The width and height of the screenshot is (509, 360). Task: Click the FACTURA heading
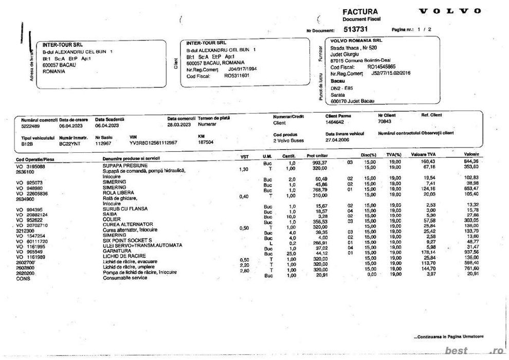click(x=360, y=11)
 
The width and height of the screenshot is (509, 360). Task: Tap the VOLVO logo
click(x=449, y=11)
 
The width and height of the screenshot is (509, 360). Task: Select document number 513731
click(x=356, y=29)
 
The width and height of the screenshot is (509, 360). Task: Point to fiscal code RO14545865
click(x=381, y=66)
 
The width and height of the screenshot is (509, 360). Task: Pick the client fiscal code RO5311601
click(x=237, y=75)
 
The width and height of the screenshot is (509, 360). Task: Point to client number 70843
click(x=384, y=122)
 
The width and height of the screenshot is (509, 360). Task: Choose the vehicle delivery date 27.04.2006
click(x=337, y=140)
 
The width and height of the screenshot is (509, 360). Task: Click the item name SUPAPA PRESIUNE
click(x=125, y=166)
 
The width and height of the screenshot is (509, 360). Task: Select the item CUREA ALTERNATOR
click(x=128, y=225)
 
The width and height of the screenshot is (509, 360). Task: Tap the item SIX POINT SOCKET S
click(x=127, y=240)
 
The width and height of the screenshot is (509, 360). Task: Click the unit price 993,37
click(x=320, y=161)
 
